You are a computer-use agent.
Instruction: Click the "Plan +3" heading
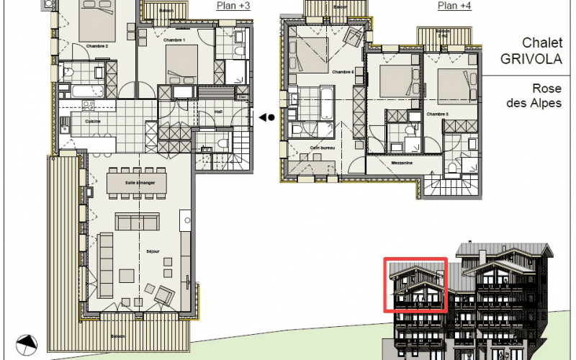click(233, 6)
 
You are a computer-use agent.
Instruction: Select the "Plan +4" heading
click(454, 6)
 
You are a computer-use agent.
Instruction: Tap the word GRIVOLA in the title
click(532, 58)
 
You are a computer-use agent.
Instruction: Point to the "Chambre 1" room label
click(174, 40)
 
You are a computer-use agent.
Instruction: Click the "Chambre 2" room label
click(96, 46)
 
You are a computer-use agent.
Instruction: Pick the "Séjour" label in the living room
click(151, 251)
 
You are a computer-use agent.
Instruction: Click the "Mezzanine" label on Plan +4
click(402, 163)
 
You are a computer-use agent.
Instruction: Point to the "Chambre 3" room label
click(437, 114)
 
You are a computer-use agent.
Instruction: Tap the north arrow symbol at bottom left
click(26, 344)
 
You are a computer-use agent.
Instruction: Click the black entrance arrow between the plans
click(266, 117)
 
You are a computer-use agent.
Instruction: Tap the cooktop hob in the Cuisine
click(89, 105)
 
